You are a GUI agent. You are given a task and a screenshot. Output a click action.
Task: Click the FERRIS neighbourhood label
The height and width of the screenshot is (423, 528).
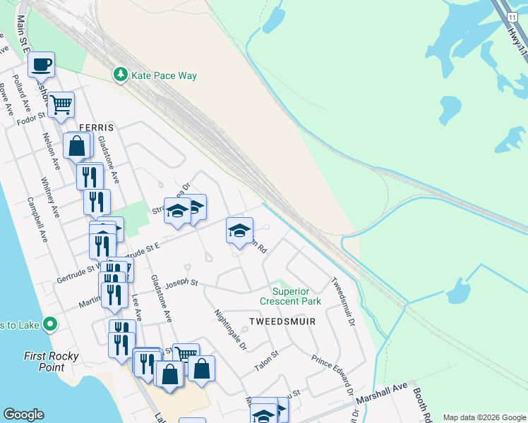pyautogui.click(x=96, y=127)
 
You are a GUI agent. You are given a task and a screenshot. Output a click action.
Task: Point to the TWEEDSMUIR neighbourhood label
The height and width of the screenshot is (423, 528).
pyautogui.click(x=281, y=321)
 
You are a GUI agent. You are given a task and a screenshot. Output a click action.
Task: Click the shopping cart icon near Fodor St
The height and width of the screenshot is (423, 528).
pyautogui.click(x=61, y=104)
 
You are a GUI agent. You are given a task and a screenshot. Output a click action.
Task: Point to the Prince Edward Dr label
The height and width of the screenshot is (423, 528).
pyautogui.click(x=332, y=374)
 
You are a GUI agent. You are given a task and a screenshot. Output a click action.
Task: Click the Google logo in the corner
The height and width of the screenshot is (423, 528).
pyautogui.click(x=23, y=415)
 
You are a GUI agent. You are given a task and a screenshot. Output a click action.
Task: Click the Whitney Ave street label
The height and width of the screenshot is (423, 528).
pyautogui.click(x=51, y=198)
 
